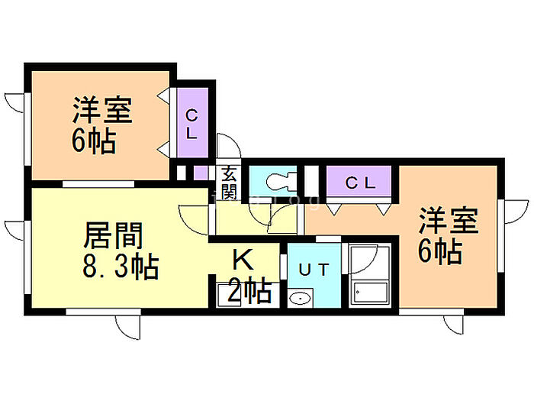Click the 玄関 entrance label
coord(228,183)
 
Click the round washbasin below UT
coord(300,298)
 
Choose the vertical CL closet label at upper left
coord(191,124)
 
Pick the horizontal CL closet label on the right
coord(359,183)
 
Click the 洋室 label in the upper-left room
coord(103,112)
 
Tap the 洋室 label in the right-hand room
coord(448,222)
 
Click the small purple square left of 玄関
coord(199,172)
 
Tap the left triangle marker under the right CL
coord(334,205)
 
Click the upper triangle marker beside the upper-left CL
coord(164,97)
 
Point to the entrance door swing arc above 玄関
coord(227,147)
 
